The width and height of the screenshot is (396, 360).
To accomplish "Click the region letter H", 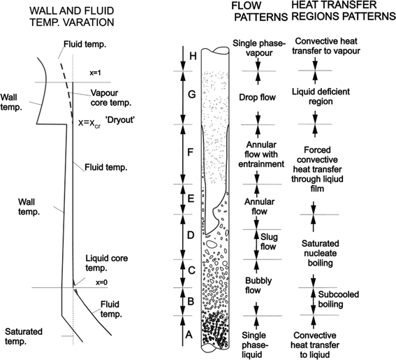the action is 193,56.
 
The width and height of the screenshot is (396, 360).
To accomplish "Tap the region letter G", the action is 192,94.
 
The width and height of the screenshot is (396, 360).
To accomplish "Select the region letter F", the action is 190,152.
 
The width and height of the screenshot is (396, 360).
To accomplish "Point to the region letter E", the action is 191,199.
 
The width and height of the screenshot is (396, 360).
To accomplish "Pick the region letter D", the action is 191,235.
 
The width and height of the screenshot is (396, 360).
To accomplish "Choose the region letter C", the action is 192,271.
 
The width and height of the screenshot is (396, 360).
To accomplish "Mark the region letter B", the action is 191,301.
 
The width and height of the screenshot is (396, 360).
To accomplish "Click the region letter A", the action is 189,335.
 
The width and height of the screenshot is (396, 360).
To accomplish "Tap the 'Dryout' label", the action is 119,120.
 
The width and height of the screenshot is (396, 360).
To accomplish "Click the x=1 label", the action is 95,73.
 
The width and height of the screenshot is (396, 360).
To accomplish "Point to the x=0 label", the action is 102,282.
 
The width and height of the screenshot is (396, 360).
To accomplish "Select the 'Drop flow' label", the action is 257,97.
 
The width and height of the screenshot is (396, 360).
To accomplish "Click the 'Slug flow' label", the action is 269,241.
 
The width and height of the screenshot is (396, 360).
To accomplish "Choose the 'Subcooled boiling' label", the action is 339,299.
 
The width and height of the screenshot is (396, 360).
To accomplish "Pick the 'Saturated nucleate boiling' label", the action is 321,253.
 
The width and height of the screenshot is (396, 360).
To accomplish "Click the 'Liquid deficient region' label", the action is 321,96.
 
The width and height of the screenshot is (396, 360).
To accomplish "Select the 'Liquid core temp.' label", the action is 107,263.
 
